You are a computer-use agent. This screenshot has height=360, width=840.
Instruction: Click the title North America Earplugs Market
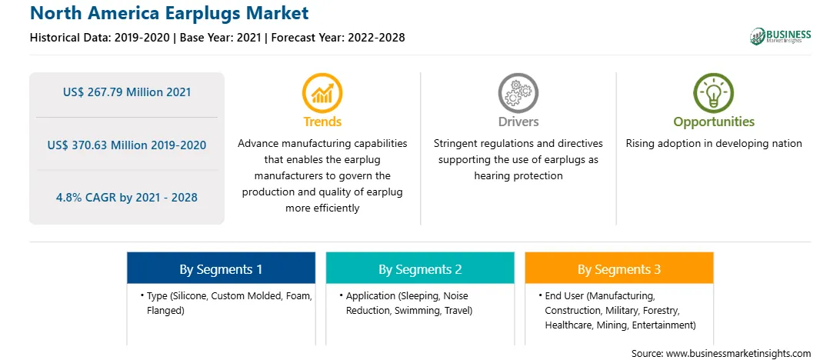coord(169,13)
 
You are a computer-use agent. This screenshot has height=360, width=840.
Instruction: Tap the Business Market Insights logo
coord(781,36)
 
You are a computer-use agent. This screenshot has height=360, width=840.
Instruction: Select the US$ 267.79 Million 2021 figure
coord(127,92)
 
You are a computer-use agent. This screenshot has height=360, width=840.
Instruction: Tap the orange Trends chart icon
coord(322,92)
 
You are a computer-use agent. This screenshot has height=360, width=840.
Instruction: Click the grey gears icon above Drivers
coord(518,92)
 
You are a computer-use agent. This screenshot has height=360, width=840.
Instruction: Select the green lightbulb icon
coord(714,92)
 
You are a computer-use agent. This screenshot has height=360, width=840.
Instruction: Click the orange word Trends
coord(322,122)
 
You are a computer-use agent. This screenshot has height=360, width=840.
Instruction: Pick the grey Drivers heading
coord(518,122)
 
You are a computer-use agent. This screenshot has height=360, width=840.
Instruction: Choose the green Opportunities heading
coord(714,122)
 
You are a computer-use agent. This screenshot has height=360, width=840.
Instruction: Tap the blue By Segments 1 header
coord(222,268)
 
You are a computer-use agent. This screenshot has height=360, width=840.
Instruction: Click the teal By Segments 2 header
coord(420,268)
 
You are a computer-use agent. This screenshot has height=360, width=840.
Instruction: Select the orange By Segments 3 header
coord(619,268)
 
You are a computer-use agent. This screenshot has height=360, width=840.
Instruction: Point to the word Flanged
coord(165,310)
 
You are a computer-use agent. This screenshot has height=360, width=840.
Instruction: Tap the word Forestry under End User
coord(662,310)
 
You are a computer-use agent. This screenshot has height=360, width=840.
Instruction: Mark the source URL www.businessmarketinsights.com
coord(737,354)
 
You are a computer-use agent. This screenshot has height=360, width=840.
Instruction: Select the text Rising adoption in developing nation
coord(714,144)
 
